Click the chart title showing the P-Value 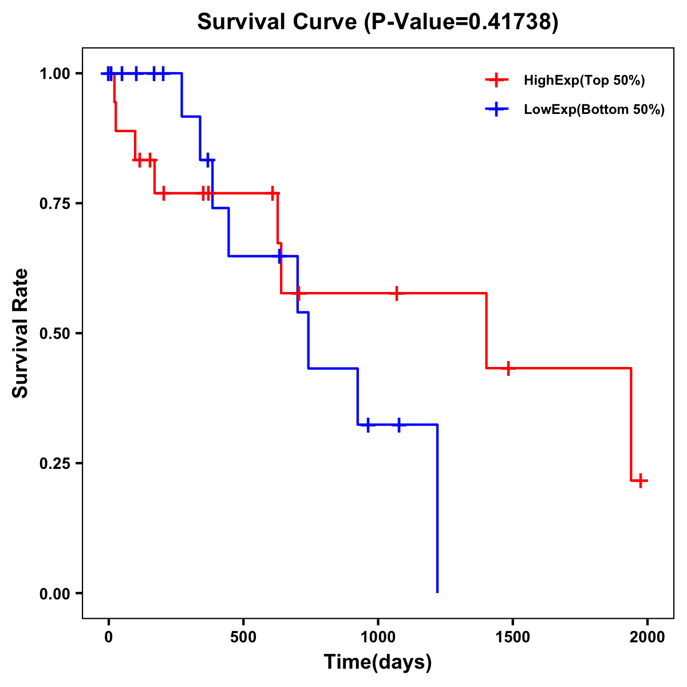click(378, 22)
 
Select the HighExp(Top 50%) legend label click(584, 81)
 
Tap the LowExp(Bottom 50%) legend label click(594, 109)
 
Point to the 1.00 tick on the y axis click(55, 74)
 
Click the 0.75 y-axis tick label click(55, 204)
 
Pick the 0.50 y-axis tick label click(55, 334)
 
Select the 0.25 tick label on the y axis click(55, 464)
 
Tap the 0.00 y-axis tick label click(55, 594)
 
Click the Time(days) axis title click(378, 662)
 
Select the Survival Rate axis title click(21, 333)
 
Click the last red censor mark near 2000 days click(641, 480)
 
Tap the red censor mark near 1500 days click(508, 368)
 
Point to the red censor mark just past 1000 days click(396, 293)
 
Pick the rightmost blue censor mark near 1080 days click(398, 424)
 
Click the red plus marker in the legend click(496, 81)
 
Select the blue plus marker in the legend click(496, 109)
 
